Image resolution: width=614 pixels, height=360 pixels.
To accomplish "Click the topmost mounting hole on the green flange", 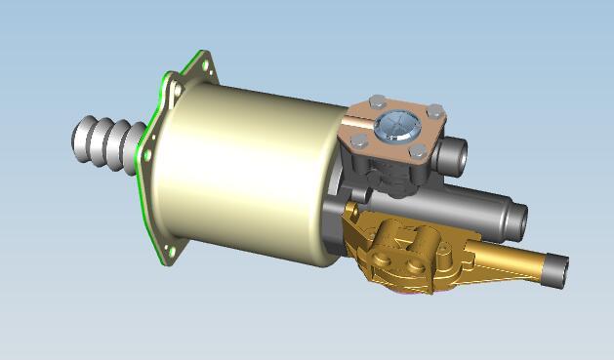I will tap(205, 64).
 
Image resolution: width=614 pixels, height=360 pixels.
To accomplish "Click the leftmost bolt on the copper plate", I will tap(359, 141).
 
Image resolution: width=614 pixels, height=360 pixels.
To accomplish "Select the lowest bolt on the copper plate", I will tap(418, 150).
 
